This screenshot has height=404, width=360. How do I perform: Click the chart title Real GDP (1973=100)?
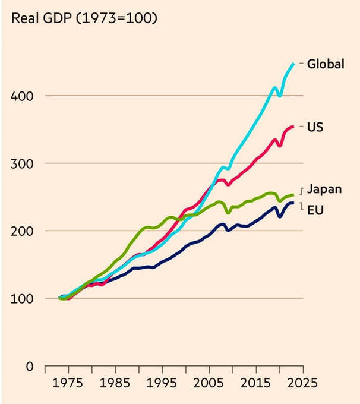[84, 18]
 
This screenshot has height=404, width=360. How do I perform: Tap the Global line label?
[325, 64]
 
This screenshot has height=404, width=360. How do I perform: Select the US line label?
[315, 127]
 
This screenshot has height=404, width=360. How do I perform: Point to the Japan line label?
[324, 190]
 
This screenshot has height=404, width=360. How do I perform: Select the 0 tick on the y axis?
[27, 365]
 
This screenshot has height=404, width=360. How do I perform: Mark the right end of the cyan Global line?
[293, 63]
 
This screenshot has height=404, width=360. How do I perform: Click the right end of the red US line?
[293, 127]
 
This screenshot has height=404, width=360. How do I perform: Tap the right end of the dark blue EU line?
[293, 203]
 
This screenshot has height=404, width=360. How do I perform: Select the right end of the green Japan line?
[293, 195]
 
